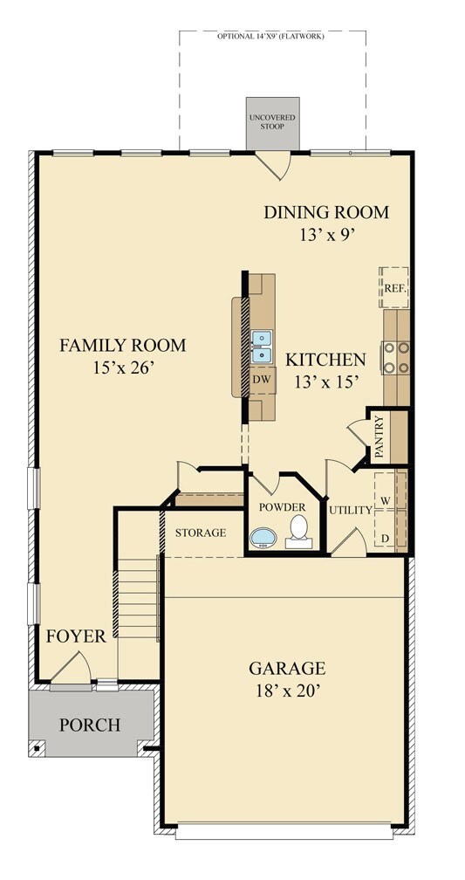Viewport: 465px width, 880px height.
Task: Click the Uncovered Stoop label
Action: (x=272, y=122)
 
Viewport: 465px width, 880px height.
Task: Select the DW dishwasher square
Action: (x=262, y=380)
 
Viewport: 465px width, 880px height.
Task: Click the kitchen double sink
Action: (x=262, y=347)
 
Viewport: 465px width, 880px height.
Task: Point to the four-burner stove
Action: (x=395, y=358)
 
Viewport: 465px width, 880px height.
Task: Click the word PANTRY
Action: (x=380, y=437)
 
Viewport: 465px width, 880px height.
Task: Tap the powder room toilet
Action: (x=298, y=532)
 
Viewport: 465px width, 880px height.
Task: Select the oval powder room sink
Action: (x=263, y=538)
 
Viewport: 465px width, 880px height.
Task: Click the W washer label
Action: (x=386, y=500)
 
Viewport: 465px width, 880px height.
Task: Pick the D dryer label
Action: (x=386, y=538)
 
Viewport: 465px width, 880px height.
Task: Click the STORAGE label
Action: (x=201, y=533)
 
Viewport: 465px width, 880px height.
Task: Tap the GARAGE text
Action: (x=287, y=669)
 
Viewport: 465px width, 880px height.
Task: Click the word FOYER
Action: (x=76, y=636)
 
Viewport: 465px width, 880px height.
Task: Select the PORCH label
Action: (x=90, y=725)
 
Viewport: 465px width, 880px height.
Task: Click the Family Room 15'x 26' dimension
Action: (x=123, y=368)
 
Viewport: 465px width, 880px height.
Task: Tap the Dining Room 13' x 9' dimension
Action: (x=327, y=234)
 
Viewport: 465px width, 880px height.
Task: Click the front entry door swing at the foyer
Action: (x=72, y=668)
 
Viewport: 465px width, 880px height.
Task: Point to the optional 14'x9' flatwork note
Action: (x=271, y=36)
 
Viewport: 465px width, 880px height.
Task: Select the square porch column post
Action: (x=37, y=747)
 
